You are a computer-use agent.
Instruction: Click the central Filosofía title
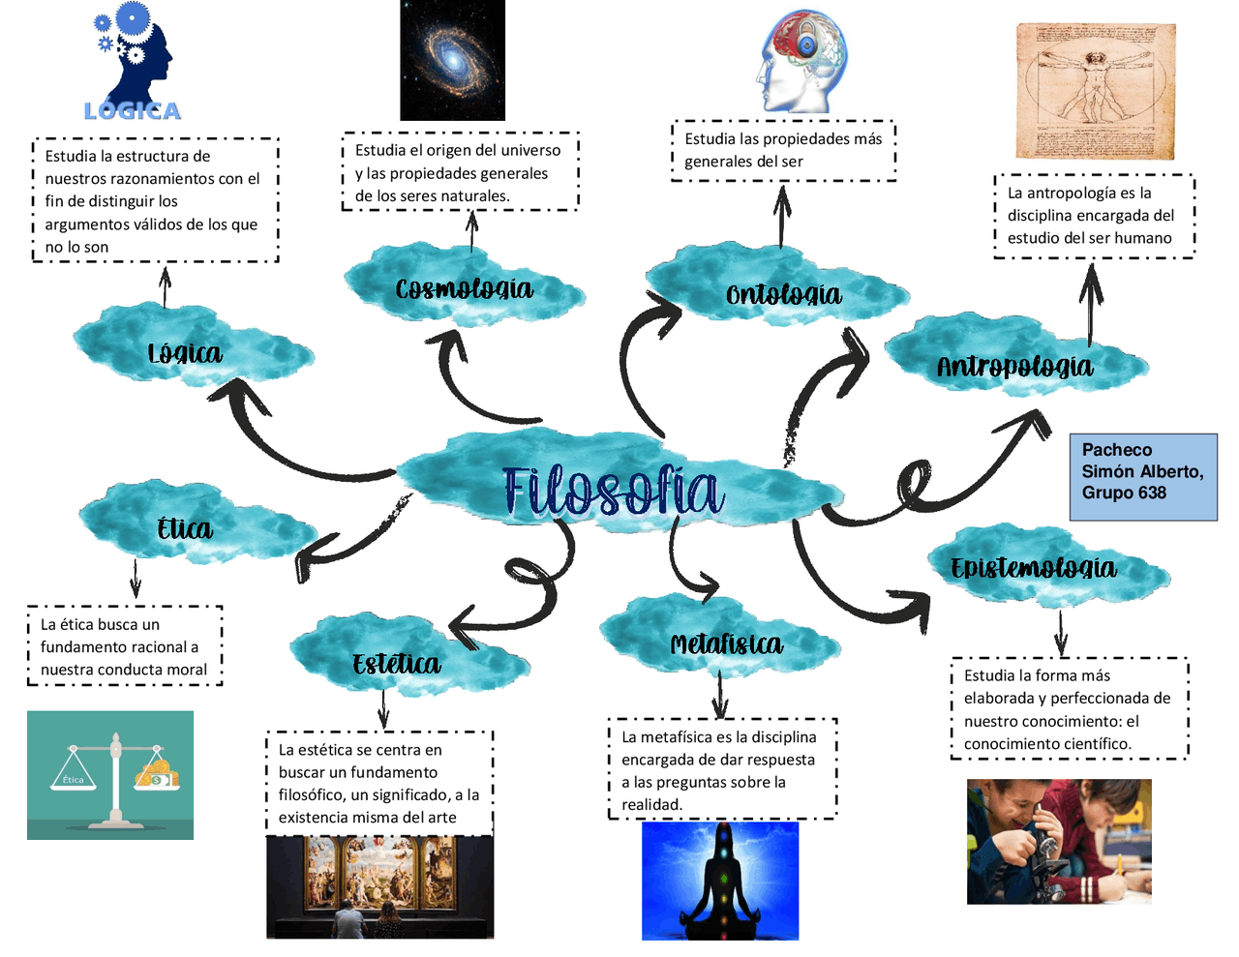612,491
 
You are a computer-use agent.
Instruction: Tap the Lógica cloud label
185,354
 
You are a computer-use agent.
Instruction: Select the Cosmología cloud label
465,288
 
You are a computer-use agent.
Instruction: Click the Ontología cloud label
783,294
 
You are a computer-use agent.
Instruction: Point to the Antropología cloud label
1014,366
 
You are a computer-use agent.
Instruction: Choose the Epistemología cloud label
1034,568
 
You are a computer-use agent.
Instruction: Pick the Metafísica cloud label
726,644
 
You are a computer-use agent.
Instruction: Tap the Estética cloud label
396,664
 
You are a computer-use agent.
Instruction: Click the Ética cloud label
184,528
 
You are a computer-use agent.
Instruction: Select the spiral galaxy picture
452,60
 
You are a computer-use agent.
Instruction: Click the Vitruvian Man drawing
1095,91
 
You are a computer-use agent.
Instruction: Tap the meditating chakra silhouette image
720,881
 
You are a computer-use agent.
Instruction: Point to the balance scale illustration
110,775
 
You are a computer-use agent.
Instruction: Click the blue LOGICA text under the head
133,111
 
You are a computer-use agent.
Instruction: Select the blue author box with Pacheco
1143,477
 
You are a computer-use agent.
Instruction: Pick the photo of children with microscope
1059,842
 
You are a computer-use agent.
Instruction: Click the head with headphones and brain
801,61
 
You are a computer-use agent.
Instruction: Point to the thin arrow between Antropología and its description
1091,304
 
